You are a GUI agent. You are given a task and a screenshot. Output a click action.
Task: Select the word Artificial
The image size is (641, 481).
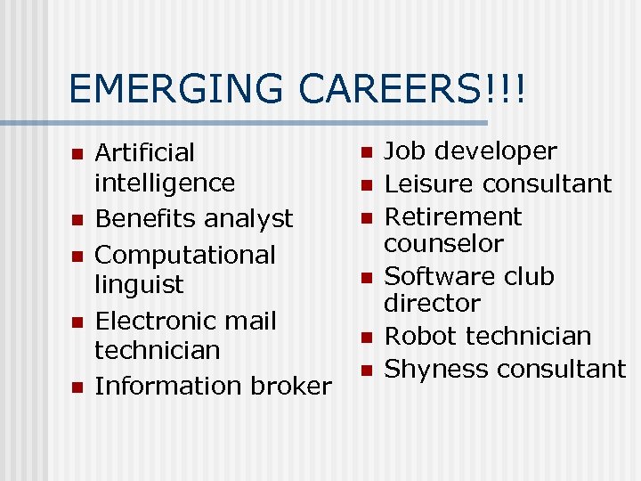pyautogui.click(x=144, y=153)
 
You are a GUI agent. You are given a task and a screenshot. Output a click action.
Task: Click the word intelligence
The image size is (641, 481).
pyautogui.click(x=165, y=183)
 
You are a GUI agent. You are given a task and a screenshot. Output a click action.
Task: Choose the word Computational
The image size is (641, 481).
pyautogui.click(x=185, y=256)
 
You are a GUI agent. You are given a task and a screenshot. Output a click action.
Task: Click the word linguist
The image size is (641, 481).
pyautogui.click(x=139, y=285)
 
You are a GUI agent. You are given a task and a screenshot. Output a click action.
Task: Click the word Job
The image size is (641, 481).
pyautogui.click(x=405, y=151)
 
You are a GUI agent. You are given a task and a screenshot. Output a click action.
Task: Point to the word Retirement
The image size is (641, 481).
pyautogui.click(x=452, y=216)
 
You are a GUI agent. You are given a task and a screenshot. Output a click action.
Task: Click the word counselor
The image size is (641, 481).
pyautogui.click(x=443, y=243)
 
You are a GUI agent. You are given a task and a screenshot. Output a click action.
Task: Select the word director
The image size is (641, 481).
pyautogui.click(x=432, y=303)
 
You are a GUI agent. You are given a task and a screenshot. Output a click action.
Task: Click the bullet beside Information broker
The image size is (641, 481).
pyautogui.click(x=77, y=387)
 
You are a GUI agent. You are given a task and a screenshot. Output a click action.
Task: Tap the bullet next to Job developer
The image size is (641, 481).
pyautogui.click(x=365, y=153)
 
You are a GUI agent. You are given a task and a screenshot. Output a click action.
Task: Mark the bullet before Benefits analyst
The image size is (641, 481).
pyautogui.click(x=77, y=220)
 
